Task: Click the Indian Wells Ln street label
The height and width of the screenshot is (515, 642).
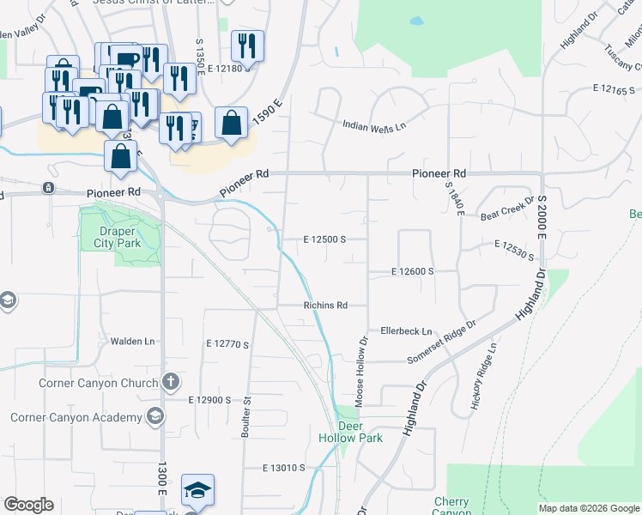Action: click(373, 126)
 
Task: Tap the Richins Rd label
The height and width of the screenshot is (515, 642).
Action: click(324, 305)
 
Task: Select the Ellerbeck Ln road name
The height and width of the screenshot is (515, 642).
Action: click(406, 331)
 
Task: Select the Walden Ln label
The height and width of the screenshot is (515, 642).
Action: click(133, 341)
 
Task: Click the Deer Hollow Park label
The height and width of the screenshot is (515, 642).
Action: click(360, 431)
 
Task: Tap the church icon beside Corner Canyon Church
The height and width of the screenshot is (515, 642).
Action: click(171, 381)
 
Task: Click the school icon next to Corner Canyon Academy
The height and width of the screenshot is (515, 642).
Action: click(155, 417)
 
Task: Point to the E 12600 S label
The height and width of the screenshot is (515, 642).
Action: click(413, 271)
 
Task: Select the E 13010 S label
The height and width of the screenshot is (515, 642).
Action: click(285, 468)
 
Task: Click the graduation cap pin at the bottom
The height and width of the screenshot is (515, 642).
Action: click(197, 490)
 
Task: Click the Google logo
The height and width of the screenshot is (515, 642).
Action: click(28, 505)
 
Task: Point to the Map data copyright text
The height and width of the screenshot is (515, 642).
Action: click(589, 508)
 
